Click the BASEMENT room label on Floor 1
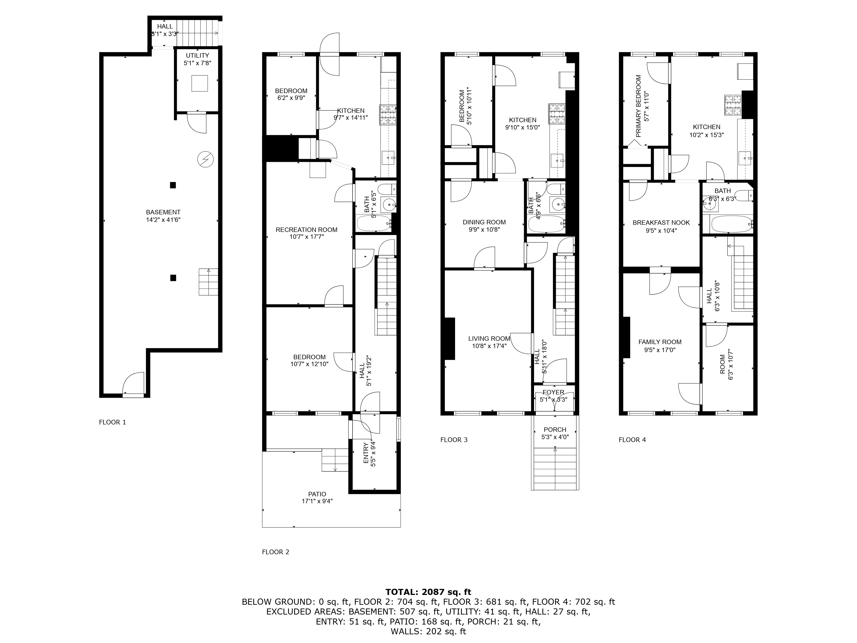[163, 212]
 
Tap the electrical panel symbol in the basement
[205, 159]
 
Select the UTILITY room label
[197, 55]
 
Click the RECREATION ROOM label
[307, 230]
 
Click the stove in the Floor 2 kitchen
[388, 115]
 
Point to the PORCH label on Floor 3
[555, 429]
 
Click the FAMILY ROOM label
[660, 342]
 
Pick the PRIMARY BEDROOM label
[639, 106]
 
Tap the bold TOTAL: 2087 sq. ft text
[428, 592]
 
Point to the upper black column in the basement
[173, 185]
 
